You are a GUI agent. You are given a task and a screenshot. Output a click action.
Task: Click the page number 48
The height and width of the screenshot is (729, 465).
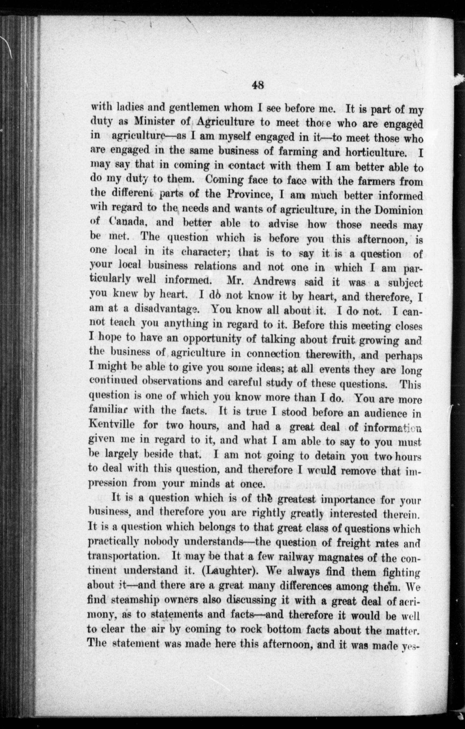pyautogui.click(x=258, y=86)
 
